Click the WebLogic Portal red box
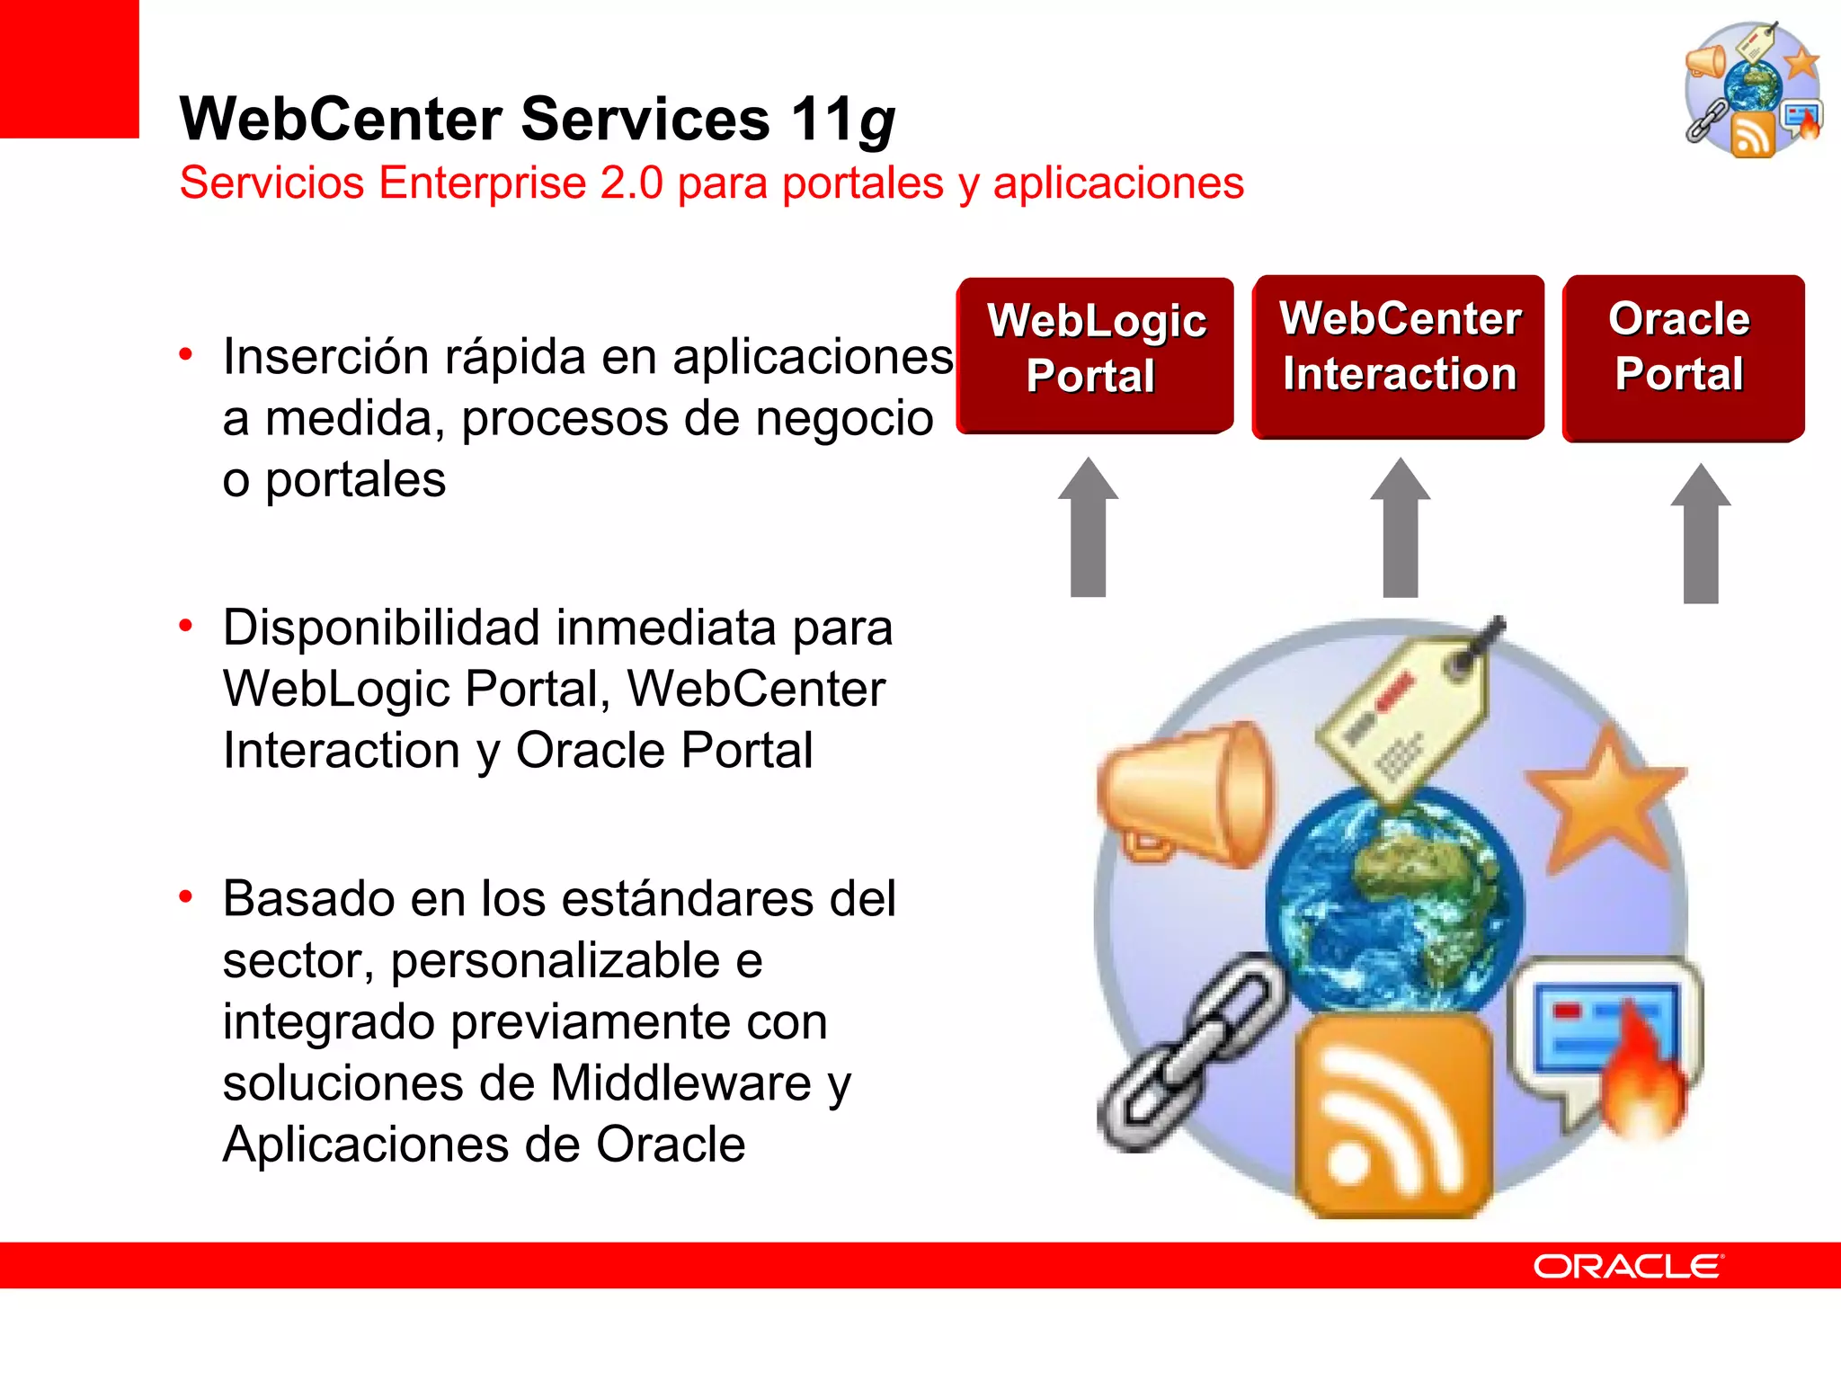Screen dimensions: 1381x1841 pyautogui.click(x=1095, y=355)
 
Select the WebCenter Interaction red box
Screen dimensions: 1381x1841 pyautogui.click(x=1399, y=355)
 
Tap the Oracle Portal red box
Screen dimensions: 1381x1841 pyautogui.click(x=1683, y=357)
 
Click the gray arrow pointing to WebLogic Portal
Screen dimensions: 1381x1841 pyautogui.click(x=1088, y=530)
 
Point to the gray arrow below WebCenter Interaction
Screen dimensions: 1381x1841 pyautogui.click(x=1400, y=530)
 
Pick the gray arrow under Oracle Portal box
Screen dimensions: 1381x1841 pyautogui.click(x=1700, y=536)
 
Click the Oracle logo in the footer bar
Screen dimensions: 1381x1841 pyautogui.click(x=1628, y=1266)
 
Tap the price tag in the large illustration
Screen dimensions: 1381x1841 pyautogui.click(x=1407, y=719)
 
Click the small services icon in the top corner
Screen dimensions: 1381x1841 pyautogui.click(x=1753, y=90)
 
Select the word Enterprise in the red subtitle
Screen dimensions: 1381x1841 pyautogui.click(x=483, y=183)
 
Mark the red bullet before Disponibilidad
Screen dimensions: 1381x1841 pyautogui.click(x=186, y=626)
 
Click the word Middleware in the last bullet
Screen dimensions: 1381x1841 pyautogui.click(x=681, y=1083)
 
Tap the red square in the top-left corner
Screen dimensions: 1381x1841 pyautogui.click(x=68, y=68)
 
